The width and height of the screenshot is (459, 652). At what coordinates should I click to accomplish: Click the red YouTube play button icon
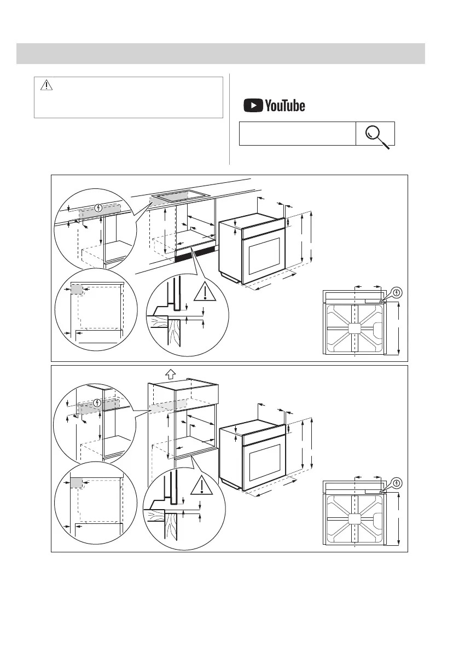253,105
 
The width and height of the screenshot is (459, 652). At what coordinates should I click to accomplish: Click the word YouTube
285,105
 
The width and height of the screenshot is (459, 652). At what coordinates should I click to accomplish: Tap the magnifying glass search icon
376,134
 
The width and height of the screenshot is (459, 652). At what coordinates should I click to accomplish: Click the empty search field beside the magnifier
297,134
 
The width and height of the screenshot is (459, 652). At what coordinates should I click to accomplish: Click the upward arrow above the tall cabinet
170,374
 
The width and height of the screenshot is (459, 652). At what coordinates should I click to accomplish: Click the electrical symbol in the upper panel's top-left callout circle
98,207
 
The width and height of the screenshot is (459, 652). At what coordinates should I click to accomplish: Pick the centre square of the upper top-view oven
354,329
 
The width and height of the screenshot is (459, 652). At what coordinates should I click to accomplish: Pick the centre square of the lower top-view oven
354,519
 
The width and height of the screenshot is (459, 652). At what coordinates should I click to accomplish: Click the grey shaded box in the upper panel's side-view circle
76,290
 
